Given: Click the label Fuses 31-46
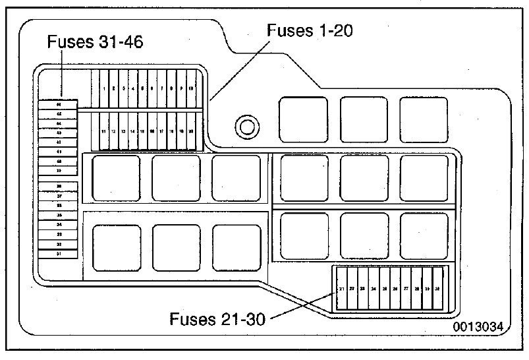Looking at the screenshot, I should point(96,43).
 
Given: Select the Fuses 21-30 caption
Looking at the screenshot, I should point(217,320).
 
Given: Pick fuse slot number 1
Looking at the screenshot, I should point(104,88).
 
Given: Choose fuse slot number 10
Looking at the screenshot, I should point(191,88).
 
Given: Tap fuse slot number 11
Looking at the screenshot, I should point(104,131).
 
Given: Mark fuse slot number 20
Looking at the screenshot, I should point(191,131).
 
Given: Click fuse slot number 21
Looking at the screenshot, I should point(341,289).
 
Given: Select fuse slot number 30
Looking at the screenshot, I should point(437,289).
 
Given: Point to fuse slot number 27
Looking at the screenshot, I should point(406,289).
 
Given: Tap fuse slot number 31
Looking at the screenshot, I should point(59,253).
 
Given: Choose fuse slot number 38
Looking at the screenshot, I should point(59,187).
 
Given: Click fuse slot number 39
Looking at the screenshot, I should point(59,170).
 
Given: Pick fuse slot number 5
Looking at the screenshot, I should point(143,88).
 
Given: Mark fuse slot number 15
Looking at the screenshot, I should point(143,131).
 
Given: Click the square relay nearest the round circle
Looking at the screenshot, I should point(304,119).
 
